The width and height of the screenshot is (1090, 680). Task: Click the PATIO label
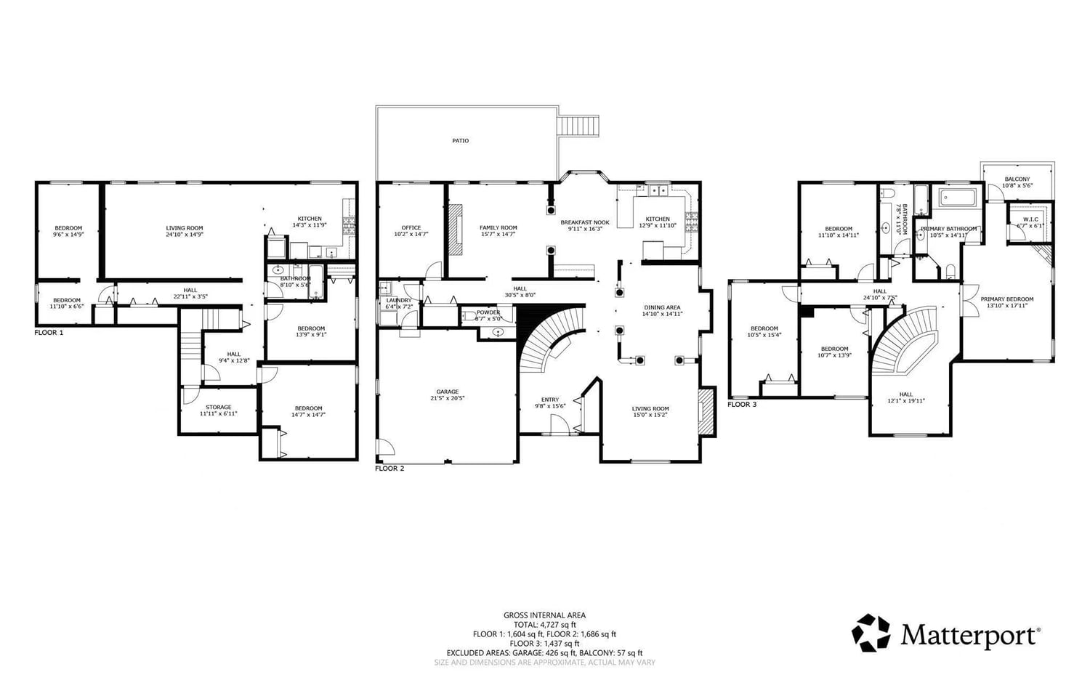tap(460, 141)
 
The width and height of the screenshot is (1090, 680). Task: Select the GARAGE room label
tap(447, 392)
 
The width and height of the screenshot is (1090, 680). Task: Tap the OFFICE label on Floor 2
tap(411, 227)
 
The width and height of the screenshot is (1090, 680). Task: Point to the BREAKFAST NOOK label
tap(584, 222)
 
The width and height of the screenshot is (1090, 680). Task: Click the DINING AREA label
tap(662, 307)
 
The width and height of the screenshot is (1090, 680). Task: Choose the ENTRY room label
tap(550, 400)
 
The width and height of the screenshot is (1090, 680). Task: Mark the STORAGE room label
tap(218, 408)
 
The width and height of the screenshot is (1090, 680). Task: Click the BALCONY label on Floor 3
tap(1017, 179)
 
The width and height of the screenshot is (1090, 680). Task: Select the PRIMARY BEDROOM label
tap(1006, 299)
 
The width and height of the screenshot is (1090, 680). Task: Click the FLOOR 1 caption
tap(49, 333)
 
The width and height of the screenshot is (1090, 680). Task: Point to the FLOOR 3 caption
tap(742, 404)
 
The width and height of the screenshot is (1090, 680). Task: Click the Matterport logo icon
tap(871, 633)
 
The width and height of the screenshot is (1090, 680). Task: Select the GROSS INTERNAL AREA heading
tap(544, 615)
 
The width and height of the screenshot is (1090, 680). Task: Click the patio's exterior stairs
tap(578, 126)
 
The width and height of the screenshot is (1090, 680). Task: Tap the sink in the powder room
tap(498, 333)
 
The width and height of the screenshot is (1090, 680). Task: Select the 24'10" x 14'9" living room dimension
tap(185, 235)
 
